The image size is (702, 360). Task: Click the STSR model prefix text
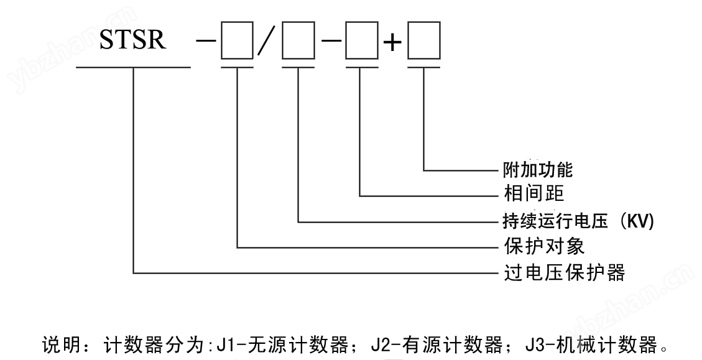pos(133,41)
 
